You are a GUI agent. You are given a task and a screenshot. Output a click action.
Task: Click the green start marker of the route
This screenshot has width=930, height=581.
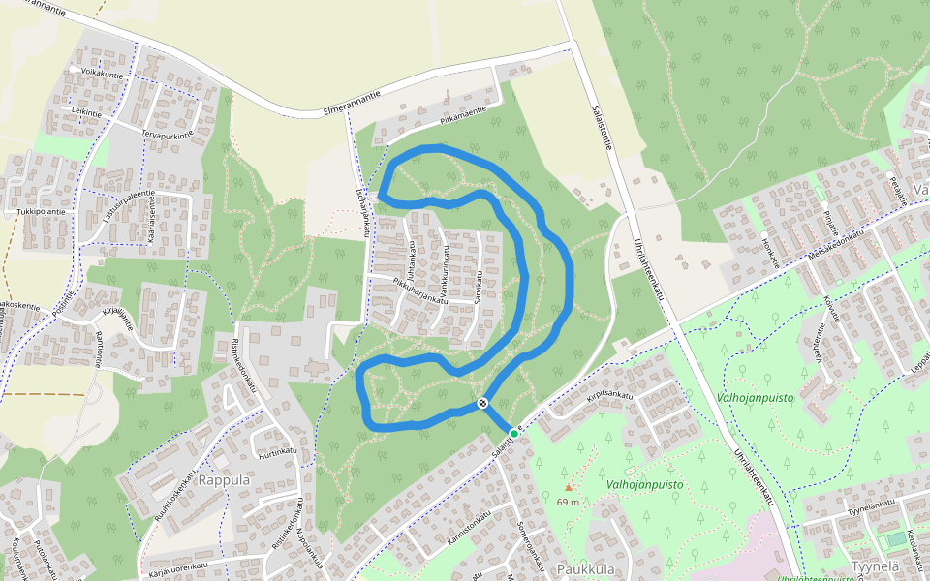click(x=513, y=432)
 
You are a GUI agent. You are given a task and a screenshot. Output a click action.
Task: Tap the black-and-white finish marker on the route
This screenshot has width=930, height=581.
click(x=481, y=403)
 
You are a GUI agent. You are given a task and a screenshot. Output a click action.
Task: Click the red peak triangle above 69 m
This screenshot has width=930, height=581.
click(x=569, y=487)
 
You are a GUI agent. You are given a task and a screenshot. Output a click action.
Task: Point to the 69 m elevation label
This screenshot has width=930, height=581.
click(x=568, y=502)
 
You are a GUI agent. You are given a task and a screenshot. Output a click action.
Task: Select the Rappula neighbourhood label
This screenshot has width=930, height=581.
click(x=224, y=479)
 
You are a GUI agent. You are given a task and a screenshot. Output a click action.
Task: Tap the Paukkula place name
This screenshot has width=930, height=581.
click(x=586, y=569)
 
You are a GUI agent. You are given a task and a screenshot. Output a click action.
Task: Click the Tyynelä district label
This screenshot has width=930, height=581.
click(x=876, y=566)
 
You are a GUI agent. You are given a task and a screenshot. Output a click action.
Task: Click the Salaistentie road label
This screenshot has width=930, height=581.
click(x=600, y=115)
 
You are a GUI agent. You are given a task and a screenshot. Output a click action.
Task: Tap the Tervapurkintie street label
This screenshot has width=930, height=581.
click(x=167, y=134)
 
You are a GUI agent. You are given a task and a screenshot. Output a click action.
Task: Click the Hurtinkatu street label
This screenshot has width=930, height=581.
click(x=276, y=451)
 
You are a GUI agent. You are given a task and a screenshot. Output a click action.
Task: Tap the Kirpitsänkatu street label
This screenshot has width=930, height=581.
click(x=608, y=395)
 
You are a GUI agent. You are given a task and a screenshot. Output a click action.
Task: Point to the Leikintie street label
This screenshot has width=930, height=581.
click(x=87, y=112)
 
